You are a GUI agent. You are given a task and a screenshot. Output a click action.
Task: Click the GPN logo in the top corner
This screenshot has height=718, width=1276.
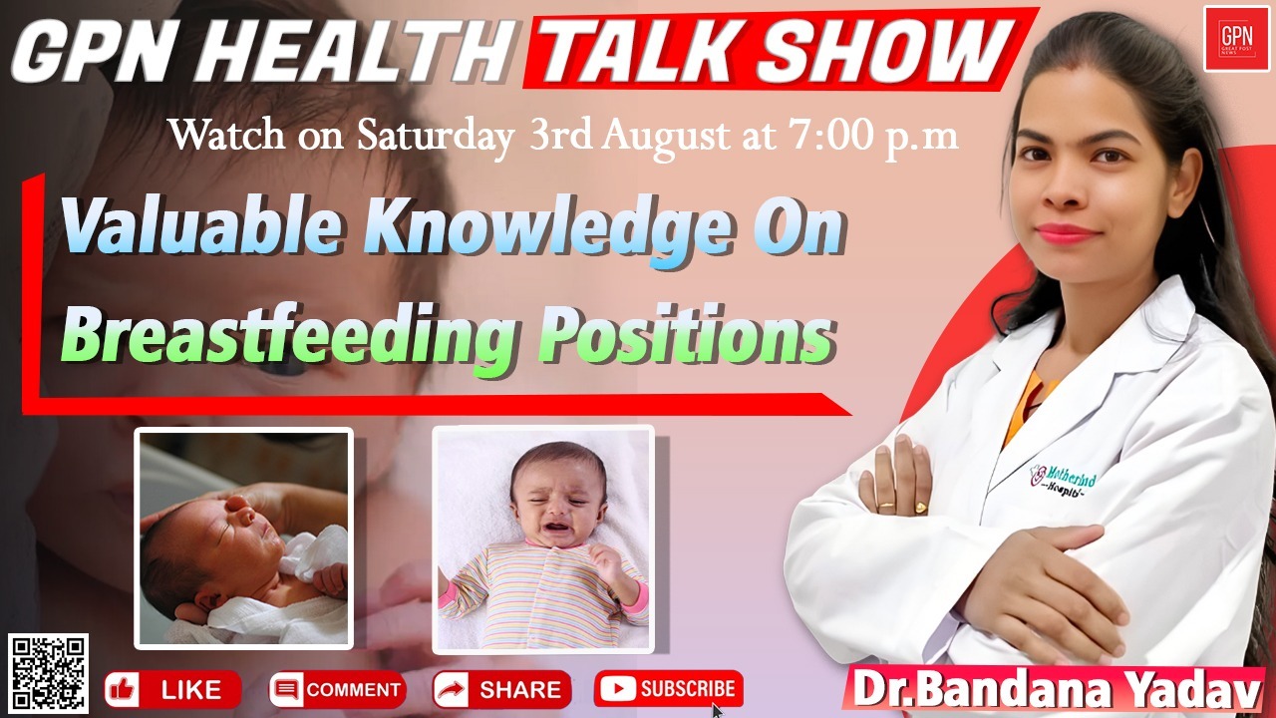coord(1236,38)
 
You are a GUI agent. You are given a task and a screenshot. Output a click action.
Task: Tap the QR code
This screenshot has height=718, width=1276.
coord(49,673)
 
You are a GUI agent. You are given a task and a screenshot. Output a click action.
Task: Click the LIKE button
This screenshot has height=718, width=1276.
coord(172,689)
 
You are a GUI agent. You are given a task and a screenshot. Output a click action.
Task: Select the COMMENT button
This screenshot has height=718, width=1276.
coord(337,689)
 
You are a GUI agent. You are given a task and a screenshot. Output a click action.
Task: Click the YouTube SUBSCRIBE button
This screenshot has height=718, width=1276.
coord(669,688)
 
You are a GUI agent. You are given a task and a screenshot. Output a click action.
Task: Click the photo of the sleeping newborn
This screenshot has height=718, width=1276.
coord(244,538)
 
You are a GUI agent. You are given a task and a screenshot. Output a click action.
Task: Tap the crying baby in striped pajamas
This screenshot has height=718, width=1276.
coord(543,538)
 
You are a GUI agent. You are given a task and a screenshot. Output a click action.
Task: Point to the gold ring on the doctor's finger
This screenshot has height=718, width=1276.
coord(886,506)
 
